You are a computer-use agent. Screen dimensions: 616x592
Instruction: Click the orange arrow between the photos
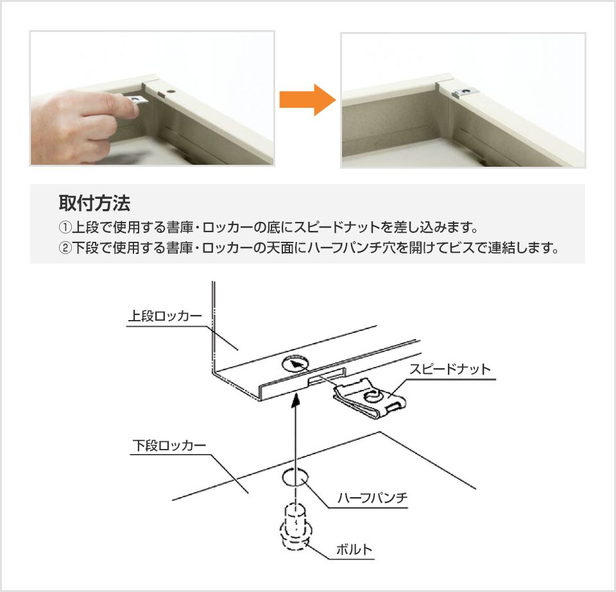pyautogui.click(x=307, y=100)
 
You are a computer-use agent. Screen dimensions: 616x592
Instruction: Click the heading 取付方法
pyautogui.click(x=94, y=203)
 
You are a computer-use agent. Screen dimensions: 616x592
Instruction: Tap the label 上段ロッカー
pyautogui.click(x=165, y=316)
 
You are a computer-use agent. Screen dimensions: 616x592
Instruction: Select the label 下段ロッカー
pyautogui.click(x=169, y=446)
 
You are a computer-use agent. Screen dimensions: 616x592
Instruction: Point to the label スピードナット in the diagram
pyautogui.click(x=450, y=369)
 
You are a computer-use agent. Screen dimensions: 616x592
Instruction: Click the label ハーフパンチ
pyautogui.click(x=373, y=498)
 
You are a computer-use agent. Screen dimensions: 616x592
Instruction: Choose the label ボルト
pyautogui.click(x=354, y=549)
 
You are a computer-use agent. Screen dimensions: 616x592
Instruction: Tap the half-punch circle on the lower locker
pyautogui.click(x=295, y=478)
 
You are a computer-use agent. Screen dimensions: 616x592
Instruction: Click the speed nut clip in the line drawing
pyautogui.click(x=370, y=398)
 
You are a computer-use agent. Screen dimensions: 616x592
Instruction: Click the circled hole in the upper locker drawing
pyautogui.click(x=295, y=364)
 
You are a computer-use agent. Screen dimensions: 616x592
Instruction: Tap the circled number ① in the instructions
pyautogui.click(x=65, y=227)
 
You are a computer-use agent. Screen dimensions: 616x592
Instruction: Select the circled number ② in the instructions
pyautogui.click(x=65, y=248)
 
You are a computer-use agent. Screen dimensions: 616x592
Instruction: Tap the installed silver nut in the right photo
pyautogui.click(x=465, y=92)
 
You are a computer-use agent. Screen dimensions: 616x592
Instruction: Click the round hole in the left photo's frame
pyautogui.click(x=171, y=91)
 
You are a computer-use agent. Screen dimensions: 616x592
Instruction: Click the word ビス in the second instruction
pyautogui.click(x=461, y=248)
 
